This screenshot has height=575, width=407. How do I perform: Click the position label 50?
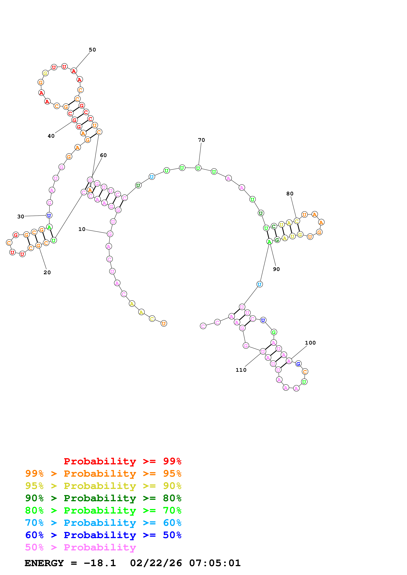(x=92, y=50)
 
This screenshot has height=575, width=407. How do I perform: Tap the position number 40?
(x=51, y=136)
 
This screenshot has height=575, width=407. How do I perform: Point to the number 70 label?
(x=201, y=140)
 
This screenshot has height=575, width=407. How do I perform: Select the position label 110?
(x=241, y=370)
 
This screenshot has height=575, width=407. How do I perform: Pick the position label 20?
(x=47, y=272)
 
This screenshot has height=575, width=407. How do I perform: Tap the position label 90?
(x=276, y=269)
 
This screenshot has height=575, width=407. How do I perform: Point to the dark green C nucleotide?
(x=274, y=226)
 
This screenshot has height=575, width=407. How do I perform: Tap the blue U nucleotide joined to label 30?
(x=49, y=215)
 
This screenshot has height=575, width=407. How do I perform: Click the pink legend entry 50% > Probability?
(x=80, y=547)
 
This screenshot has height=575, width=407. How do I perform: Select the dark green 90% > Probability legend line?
(x=103, y=498)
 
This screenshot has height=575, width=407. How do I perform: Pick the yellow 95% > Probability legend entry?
(x=103, y=486)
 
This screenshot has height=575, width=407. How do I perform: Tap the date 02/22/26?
(x=156, y=563)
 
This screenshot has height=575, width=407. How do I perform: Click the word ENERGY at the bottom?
(x=44, y=563)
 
